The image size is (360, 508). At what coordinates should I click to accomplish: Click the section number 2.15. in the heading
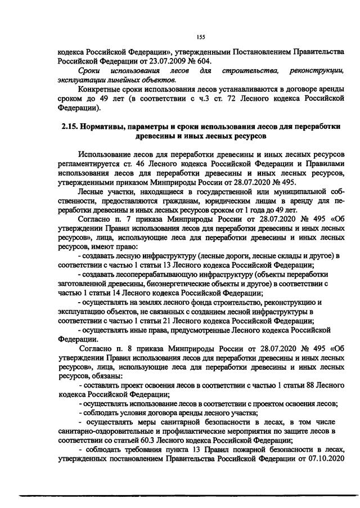pos(73,128)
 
